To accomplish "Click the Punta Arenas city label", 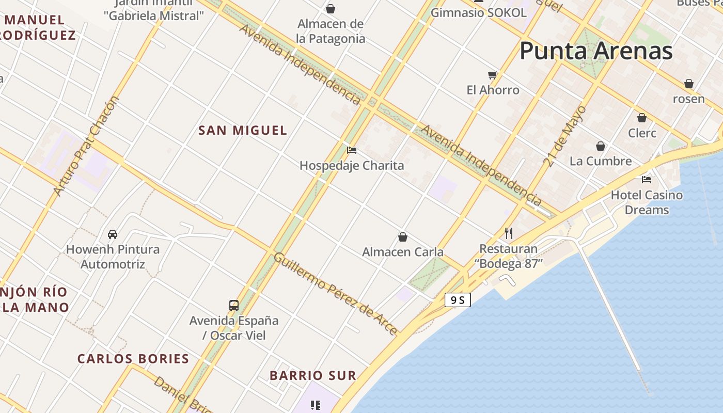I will pyautogui.click(x=596, y=51).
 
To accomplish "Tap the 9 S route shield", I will pyautogui.click(x=458, y=299).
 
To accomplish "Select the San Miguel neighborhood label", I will pyautogui.click(x=243, y=131).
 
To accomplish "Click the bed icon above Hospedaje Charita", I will pyautogui.click(x=352, y=150).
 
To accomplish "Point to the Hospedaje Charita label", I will pyautogui.click(x=352, y=166).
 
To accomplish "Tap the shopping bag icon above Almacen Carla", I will pyautogui.click(x=403, y=237).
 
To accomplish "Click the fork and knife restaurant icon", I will pyautogui.click(x=509, y=233).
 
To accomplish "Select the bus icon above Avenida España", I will pyautogui.click(x=234, y=305).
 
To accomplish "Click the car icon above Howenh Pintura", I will pyautogui.click(x=113, y=234).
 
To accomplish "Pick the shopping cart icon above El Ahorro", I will pyautogui.click(x=493, y=75).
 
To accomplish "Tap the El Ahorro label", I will pyautogui.click(x=493, y=90).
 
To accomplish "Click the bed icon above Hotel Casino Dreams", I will pyautogui.click(x=647, y=180).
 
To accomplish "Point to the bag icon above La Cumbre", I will pyautogui.click(x=601, y=146).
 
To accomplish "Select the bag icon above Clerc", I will pyautogui.click(x=642, y=118).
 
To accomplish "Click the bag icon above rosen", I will pyautogui.click(x=688, y=84).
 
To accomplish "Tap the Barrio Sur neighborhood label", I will pyautogui.click(x=313, y=376).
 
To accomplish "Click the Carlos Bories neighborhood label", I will pyautogui.click(x=133, y=359).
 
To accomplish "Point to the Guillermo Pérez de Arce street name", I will pyautogui.click(x=335, y=293).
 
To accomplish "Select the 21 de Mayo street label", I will pyautogui.click(x=565, y=136).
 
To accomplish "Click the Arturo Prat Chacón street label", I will pyautogui.click(x=86, y=146).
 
